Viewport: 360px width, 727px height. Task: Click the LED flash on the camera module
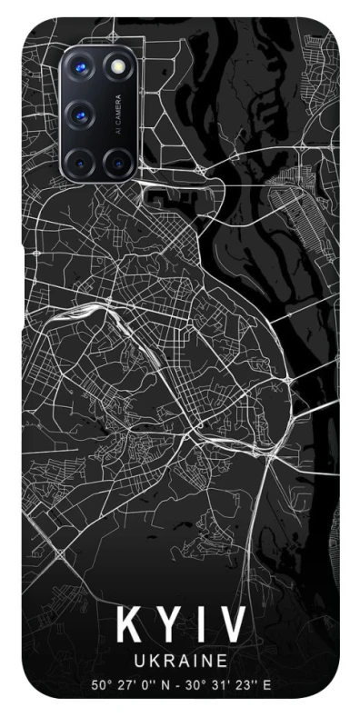point(117,66)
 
